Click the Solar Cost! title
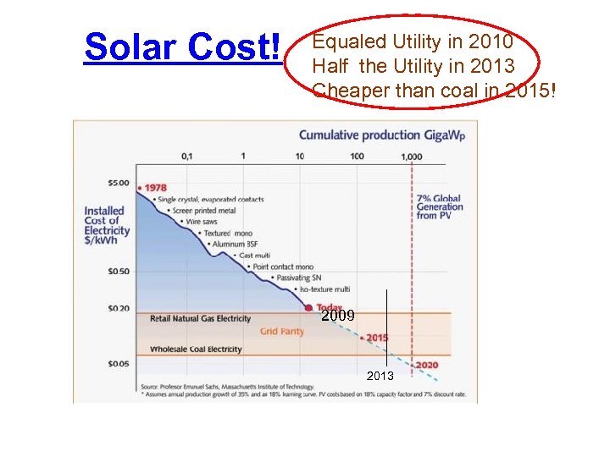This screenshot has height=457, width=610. tap(182, 48)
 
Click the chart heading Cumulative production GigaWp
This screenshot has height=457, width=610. tap(382, 135)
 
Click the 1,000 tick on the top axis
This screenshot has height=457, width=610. tap(411, 157)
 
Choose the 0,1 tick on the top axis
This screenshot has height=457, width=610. tap(186, 157)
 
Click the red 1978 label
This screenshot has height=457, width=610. tap(155, 188)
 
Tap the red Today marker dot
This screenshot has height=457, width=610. tap(309, 308)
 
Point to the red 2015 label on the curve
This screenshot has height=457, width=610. tap(377, 338)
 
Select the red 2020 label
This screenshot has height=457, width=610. tap(426, 366)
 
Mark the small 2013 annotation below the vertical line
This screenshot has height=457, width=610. tap(380, 376)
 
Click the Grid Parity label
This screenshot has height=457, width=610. tap(281, 332)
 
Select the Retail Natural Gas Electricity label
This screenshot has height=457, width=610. tap(200, 319)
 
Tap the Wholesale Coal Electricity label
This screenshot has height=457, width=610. tap(196, 350)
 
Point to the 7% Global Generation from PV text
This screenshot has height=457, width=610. tap(440, 207)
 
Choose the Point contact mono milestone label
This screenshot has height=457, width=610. tap(283, 267)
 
